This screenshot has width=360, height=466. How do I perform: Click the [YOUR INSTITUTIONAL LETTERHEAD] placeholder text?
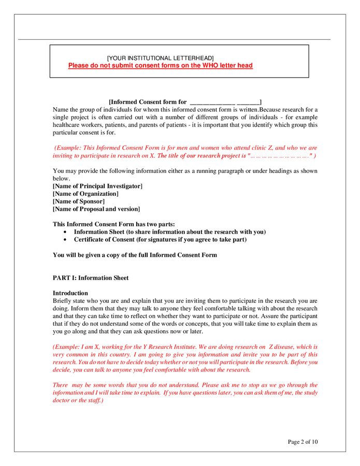tap(160, 58)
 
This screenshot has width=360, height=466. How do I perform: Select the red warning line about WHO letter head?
tap(160, 66)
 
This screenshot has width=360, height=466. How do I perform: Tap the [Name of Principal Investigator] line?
tap(97, 186)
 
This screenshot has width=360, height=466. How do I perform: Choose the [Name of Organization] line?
tap(85, 194)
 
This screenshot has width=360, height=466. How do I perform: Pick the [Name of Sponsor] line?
tap(79, 201)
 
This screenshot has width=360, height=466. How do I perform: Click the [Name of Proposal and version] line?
tap(96, 209)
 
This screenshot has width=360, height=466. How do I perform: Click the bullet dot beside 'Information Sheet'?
tap(65, 232)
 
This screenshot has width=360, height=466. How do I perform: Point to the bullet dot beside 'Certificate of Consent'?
tap(65, 240)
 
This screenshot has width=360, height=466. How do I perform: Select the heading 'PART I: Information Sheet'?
tap(91, 278)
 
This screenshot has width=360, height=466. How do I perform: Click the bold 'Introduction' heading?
tap(70, 293)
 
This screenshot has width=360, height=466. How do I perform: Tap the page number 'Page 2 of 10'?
tap(303, 442)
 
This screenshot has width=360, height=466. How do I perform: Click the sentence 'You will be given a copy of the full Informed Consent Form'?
tap(135, 255)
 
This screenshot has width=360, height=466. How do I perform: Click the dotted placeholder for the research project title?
tap(280, 156)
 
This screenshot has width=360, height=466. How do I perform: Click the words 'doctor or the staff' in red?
tap(77, 401)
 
